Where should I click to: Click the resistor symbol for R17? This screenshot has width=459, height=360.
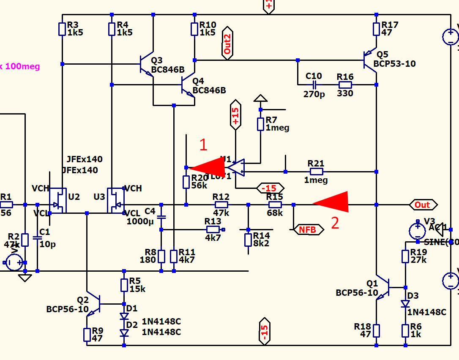point(376,29)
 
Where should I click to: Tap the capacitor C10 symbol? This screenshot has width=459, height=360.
point(314,85)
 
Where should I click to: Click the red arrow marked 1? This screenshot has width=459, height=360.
point(209,167)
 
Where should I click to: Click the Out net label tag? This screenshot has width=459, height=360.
point(423,205)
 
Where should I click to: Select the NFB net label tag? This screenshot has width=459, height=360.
point(308,229)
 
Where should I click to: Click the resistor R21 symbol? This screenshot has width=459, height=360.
point(316,172)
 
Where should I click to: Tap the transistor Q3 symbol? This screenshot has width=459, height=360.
point(146,65)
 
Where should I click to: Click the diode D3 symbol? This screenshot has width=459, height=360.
point(405,303)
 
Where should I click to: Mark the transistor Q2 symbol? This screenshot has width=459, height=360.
point(94,304)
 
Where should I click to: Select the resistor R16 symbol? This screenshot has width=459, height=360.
point(345,85)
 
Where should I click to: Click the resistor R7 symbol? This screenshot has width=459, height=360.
point(261,124)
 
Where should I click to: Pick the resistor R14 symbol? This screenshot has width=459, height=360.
point(248,240)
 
